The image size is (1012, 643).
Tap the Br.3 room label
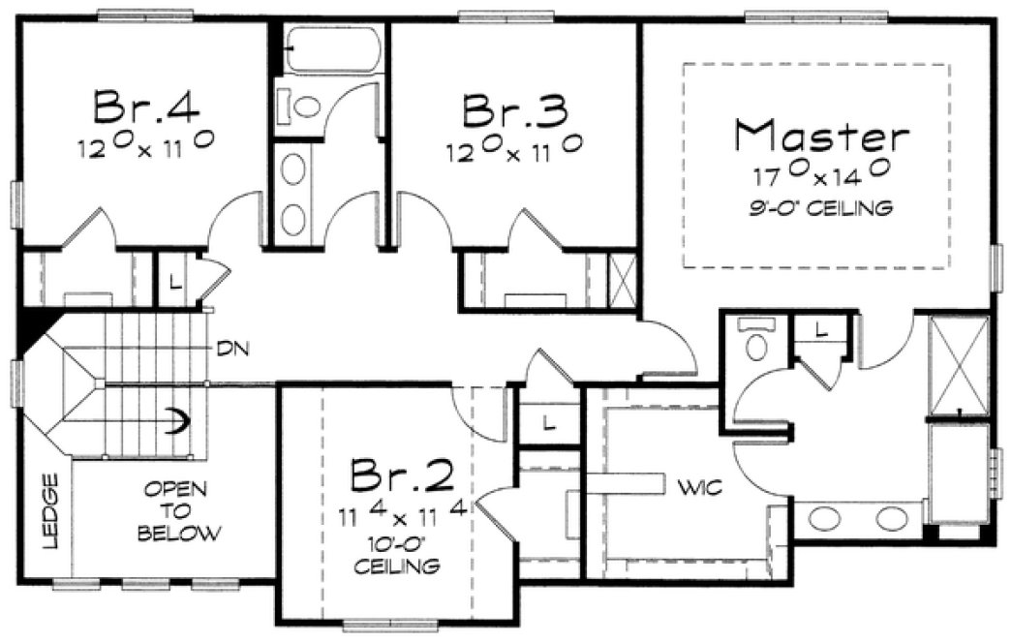click(x=512, y=110)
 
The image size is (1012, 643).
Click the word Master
click(x=821, y=137)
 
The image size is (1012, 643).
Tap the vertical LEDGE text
click(x=51, y=511)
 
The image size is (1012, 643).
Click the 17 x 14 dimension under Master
click(x=821, y=177)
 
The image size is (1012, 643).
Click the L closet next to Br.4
click(x=173, y=282)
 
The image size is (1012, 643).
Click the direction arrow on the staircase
click(x=176, y=420)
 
